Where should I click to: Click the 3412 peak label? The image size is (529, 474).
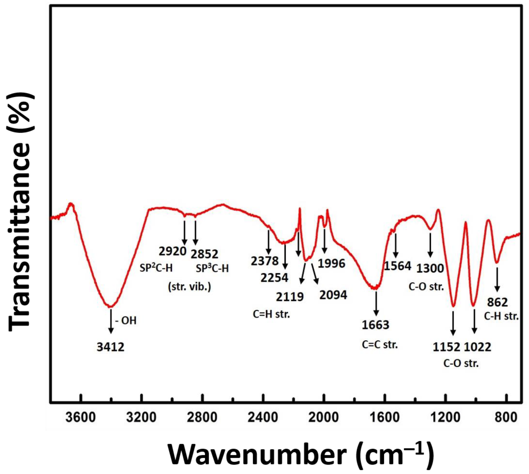111,347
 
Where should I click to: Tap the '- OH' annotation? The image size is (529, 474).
126,320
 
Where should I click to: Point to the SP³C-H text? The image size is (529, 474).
212,268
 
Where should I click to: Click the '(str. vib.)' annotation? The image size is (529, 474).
189,287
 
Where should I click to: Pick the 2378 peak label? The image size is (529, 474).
265,261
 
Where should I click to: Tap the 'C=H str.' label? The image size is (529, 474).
271,314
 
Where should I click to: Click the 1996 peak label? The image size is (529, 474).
332,264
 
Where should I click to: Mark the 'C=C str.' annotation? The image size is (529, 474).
380,345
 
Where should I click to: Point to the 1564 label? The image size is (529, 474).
398,266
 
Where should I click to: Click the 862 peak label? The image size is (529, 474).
497,302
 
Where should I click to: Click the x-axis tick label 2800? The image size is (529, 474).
202,418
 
